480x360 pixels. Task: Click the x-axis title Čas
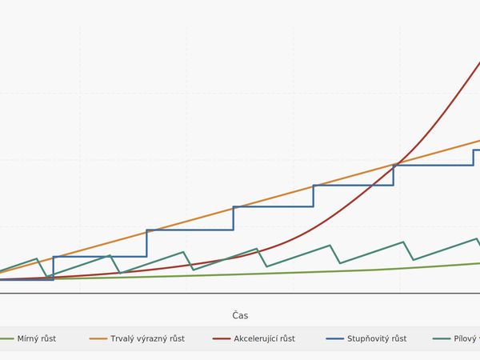coord(240,315)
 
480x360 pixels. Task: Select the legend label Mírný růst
coord(36,338)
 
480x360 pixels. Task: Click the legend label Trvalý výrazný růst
coord(147,338)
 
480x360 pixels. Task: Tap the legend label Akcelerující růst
coord(265,338)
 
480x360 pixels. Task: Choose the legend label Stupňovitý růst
coord(377,338)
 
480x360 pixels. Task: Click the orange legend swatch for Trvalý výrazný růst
coord(98,338)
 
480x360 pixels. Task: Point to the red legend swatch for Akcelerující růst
coord(222,338)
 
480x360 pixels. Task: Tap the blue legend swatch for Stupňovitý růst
coord(334,338)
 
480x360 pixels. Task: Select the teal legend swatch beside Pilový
coord(442,338)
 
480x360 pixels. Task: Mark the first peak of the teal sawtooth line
coord(37,258)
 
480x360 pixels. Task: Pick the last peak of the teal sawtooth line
coord(477,238)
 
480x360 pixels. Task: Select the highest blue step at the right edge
coord(477,150)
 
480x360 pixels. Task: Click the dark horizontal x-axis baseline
coord(240,294)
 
